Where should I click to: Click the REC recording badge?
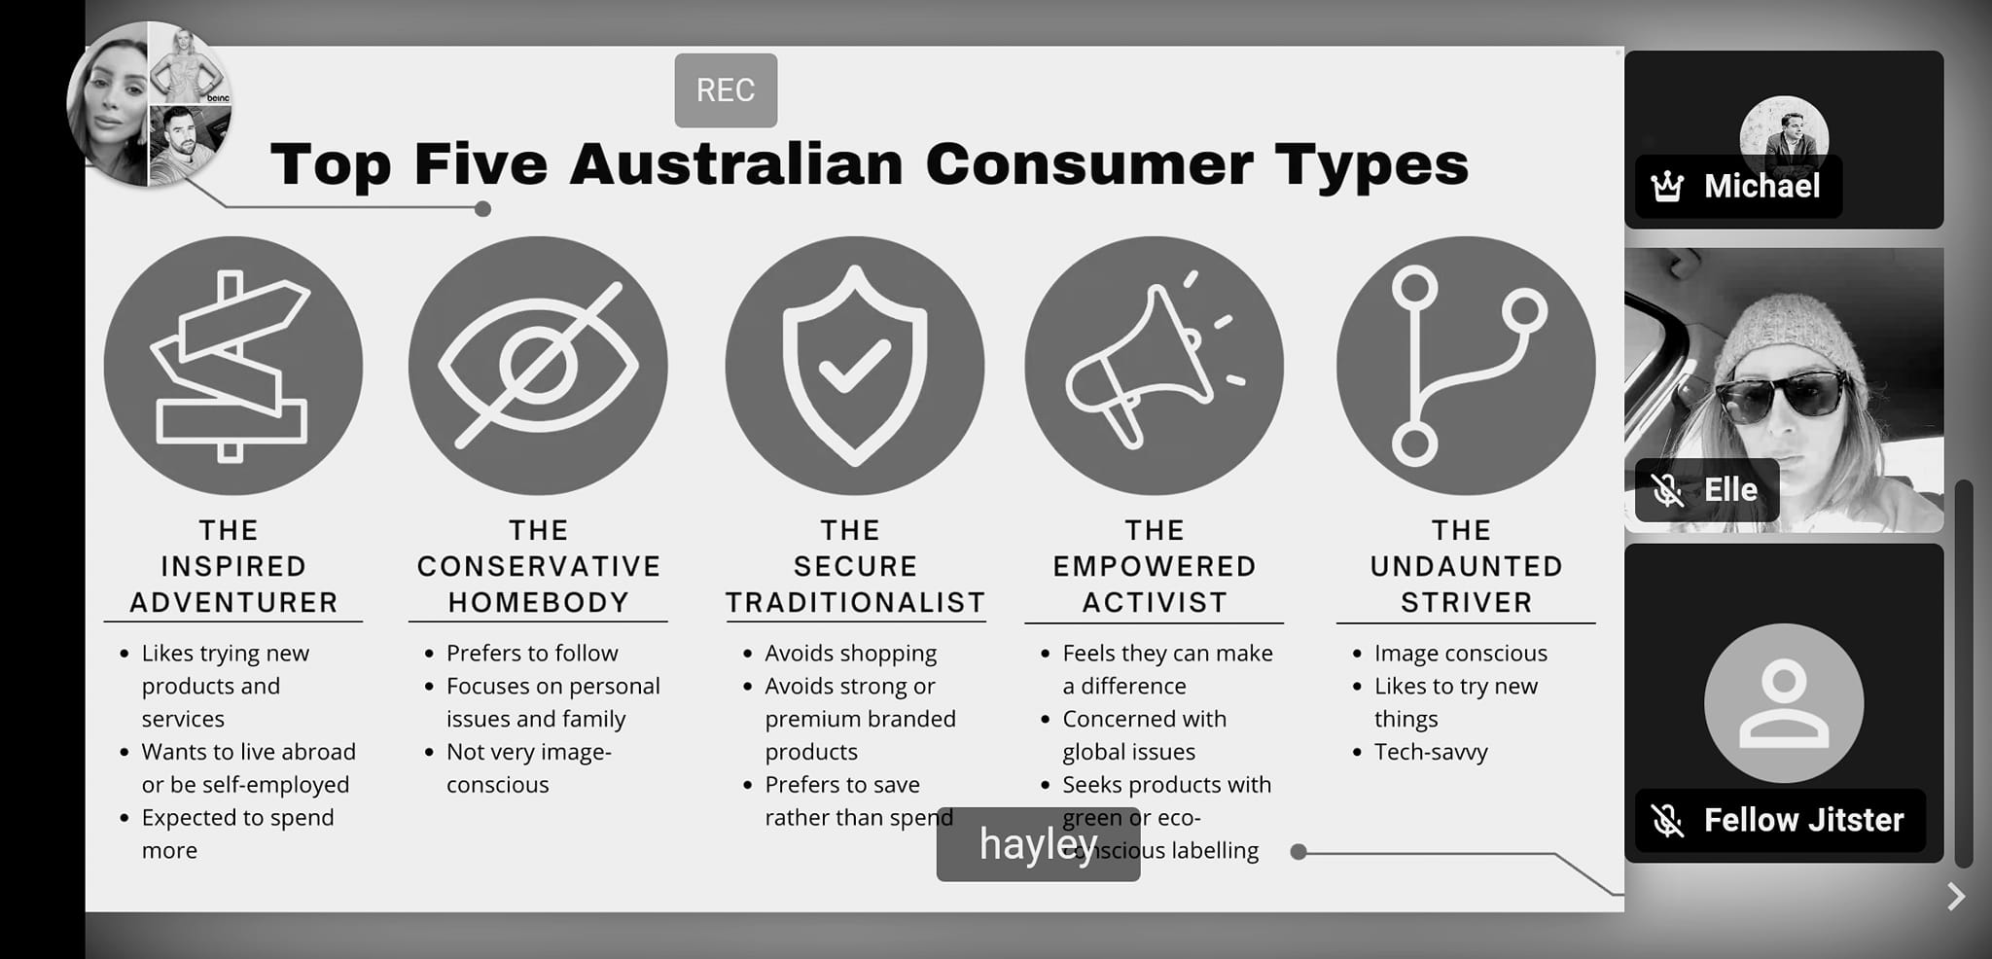coord(726,90)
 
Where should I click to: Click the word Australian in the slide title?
coord(736,163)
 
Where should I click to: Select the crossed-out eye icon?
coord(538,366)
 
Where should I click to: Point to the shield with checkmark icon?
coord(855,366)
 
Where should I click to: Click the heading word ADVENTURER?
coord(233,603)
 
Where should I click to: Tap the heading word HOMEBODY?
coord(538,603)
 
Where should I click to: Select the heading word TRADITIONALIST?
coord(856,603)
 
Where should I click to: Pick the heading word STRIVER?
coord(1467,603)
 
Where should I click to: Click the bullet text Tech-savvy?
coord(1431,752)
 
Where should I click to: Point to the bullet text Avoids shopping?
coord(850,654)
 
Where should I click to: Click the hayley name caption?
coord(1038,844)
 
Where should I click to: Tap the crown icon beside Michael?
coord(1667,186)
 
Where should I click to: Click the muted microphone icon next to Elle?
coord(1667,489)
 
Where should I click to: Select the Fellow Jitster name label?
coord(1803,820)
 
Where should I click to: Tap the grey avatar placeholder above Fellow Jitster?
coord(1784,703)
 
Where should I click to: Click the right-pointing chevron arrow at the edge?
coord(1956,896)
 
